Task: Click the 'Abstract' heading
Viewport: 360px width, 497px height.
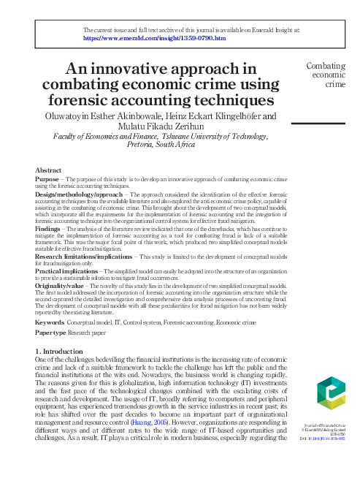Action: [x=48, y=170]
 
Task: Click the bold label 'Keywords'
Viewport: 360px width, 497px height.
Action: [x=50, y=322]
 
